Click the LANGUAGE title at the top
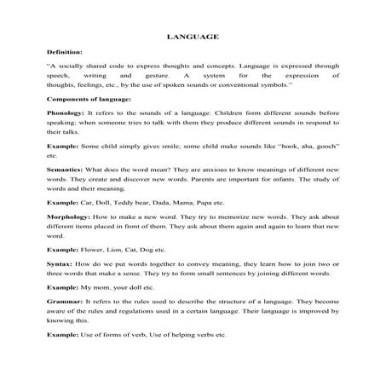[x=193, y=37]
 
